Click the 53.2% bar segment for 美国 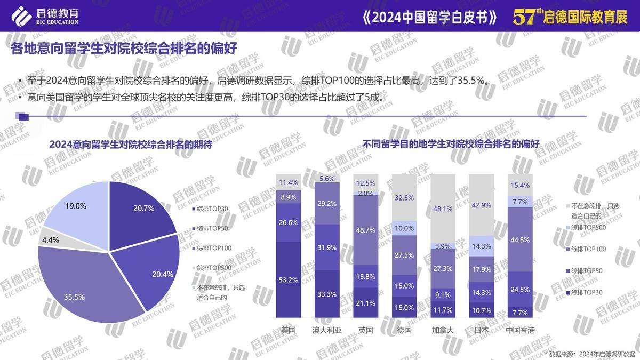tap(289, 280)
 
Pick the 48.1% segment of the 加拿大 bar tap(443, 209)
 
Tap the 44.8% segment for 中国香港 tap(519, 239)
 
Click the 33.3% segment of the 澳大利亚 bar tap(327, 294)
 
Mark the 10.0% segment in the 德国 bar tap(404, 228)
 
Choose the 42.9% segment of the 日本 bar tap(481, 205)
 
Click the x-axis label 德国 tap(404, 330)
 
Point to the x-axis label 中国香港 tap(519, 330)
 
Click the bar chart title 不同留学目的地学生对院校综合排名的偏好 tap(451, 144)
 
